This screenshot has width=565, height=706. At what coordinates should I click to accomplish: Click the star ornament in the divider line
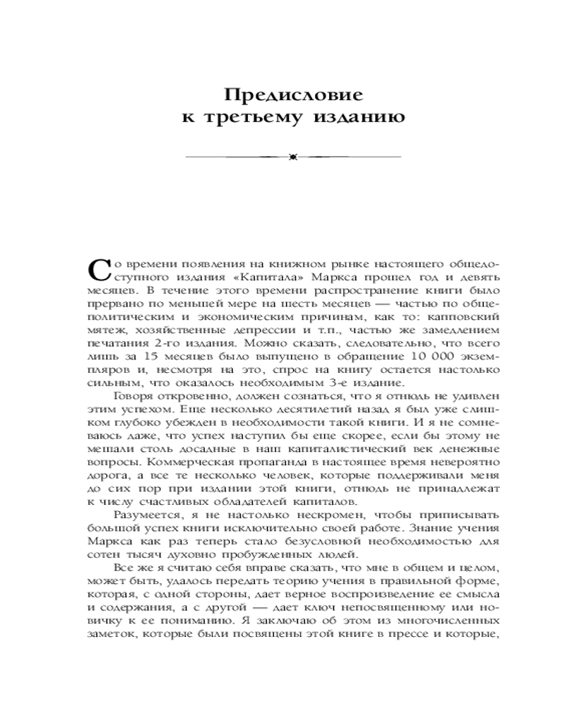[292, 156]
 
